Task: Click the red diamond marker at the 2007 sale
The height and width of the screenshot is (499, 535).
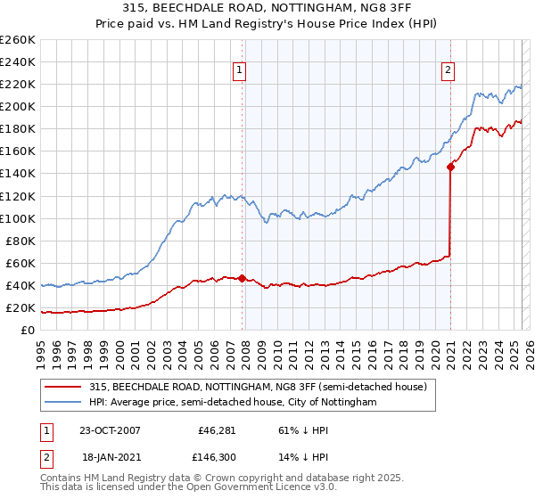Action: point(243,278)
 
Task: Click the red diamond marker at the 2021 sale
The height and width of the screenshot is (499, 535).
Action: point(450,166)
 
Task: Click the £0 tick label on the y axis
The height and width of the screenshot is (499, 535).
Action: point(27,331)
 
